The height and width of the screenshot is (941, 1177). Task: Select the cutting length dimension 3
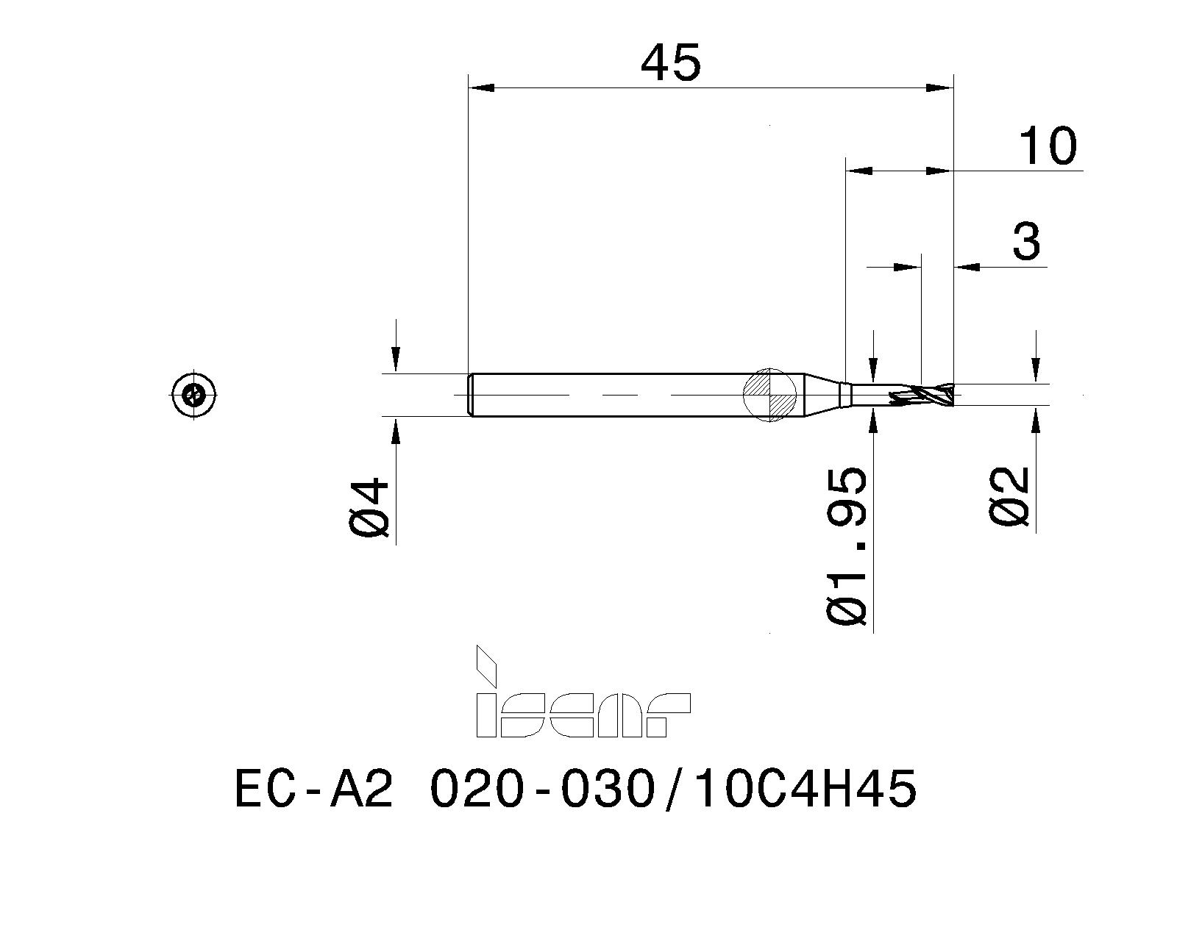[1026, 241]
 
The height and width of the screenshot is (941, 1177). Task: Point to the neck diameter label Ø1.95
[847, 545]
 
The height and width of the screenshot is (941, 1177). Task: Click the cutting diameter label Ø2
[1009, 498]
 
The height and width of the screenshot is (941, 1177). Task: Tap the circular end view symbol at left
[194, 395]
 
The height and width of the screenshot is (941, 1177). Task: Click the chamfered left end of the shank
[471, 395]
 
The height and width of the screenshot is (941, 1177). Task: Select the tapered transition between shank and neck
[821, 395]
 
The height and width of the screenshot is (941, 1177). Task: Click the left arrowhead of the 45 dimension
[481, 88]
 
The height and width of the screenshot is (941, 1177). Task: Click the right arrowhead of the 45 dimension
[940, 88]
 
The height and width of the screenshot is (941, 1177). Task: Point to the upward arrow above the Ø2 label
[1036, 422]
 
